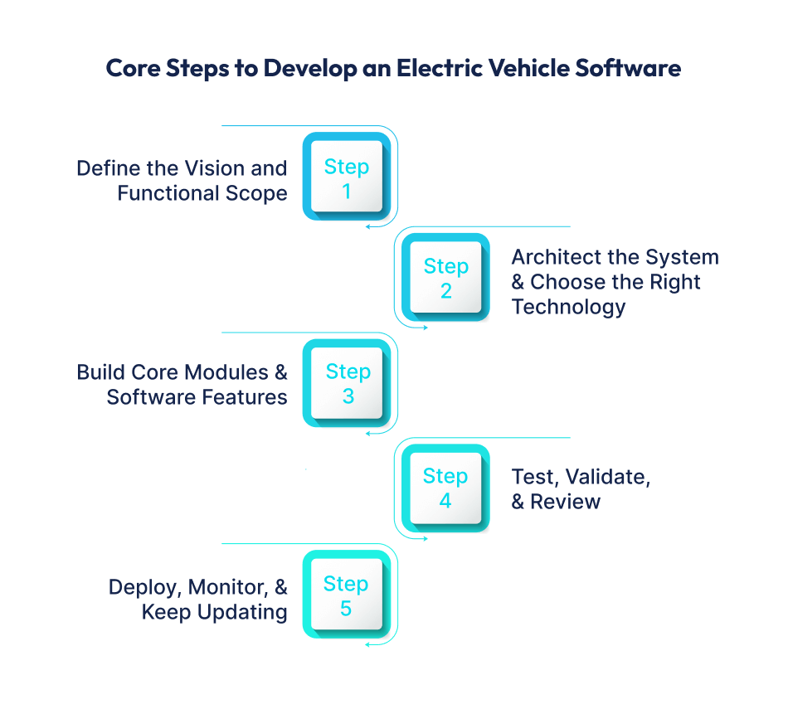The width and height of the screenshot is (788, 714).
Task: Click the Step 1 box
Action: pyautogui.click(x=347, y=177)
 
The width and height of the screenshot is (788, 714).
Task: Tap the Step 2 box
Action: pyautogui.click(x=446, y=277)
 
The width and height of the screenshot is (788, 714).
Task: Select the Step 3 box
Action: pyautogui.click(x=347, y=382)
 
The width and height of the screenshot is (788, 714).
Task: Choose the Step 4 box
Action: pyautogui.click(x=446, y=488)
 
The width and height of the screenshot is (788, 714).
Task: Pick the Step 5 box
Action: pyautogui.click(x=347, y=595)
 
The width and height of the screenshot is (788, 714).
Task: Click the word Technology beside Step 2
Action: pyautogui.click(x=568, y=307)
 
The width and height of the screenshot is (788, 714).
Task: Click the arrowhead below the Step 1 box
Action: pyautogui.click(x=367, y=225)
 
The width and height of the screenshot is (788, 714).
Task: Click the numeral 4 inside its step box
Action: pyautogui.click(x=445, y=501)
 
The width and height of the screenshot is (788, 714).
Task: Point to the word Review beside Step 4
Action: pyautogui.click(x=565, y=502)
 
